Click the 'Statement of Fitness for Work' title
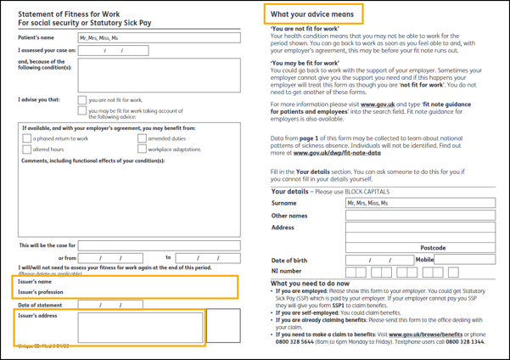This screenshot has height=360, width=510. pos(69,14)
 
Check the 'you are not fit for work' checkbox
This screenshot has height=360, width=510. pos(82,100)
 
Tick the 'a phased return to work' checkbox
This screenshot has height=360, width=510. pos(27,138)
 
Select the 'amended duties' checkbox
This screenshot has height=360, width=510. pos(143,138)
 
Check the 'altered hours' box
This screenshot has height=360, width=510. pos(27,149)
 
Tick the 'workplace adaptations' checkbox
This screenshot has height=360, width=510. pos(143,149)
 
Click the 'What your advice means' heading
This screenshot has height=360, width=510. pos(311,14)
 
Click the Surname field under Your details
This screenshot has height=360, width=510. pos(419,204)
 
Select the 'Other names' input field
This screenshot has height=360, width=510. pos(419,216)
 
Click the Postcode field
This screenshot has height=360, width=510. pos(419,248)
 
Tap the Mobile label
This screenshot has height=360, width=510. pos(424,260)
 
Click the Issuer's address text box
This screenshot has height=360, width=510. pos(140,329)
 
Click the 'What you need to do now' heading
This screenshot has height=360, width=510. pos(310,284)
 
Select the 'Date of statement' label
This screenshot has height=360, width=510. pos(41,305)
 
